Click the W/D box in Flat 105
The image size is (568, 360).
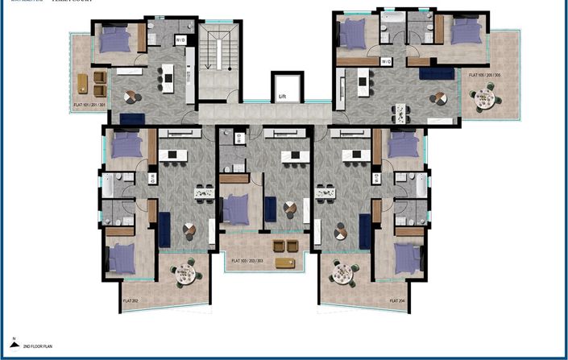click(386, 61)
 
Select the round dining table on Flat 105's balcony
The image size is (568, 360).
click(483, 99)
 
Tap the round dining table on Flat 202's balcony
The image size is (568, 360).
click(186, 273)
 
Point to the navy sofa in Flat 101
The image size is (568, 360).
click(131, 118)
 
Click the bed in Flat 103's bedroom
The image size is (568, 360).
click(234, 209)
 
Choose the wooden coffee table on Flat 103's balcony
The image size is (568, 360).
click(284, 263)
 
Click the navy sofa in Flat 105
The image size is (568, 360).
click(437, 74)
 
